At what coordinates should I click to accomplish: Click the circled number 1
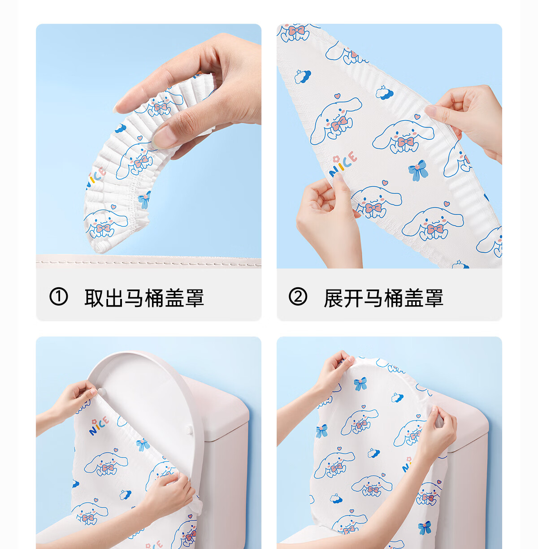click(58, 297)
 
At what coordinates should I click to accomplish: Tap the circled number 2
click(298, 297)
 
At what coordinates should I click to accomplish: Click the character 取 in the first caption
click(94, 298)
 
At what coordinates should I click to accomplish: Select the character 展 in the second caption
click(333, 298)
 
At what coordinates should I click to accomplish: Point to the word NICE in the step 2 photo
click(343, 164)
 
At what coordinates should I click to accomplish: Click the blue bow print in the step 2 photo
click(418, 170)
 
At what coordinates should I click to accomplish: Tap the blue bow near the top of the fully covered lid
click(360, 384)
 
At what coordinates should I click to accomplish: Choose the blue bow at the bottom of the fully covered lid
click(425, 527)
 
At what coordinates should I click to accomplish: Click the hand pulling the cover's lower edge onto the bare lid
click(168, 494)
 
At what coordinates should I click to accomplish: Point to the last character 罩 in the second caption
click(434, 298)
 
